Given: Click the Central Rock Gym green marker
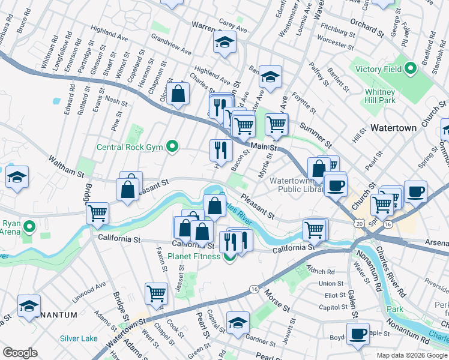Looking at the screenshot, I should pos(173,146).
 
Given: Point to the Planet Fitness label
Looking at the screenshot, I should pos(194,257).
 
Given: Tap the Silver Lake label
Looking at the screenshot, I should pos(79,338).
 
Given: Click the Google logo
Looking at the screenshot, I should pos(20,353).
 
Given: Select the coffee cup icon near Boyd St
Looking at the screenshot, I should pos(359,334).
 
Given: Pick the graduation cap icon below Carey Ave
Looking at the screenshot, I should pos(225,42).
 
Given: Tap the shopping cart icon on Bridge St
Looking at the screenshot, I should pos(97,212).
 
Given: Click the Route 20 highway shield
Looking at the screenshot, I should pos(359,223).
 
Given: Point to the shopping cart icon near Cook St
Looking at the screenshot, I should pos(156,293).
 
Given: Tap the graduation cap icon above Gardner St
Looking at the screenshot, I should pos(238,322).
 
